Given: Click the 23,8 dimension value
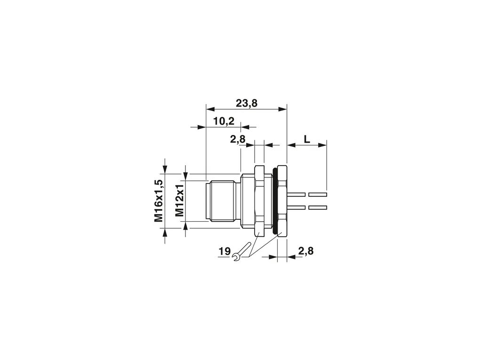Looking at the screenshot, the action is (x=247, y=104).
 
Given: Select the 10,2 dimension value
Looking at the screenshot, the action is (x=224, y=121).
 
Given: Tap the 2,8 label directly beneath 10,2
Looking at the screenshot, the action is (x=238, y=140).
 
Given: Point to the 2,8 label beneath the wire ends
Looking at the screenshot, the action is (x=306, y=251).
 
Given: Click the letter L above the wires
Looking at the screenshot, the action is (x=307, y=140).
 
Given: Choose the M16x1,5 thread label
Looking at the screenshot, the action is (x=159, y=201).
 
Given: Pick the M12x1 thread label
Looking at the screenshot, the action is (x=179, y=200).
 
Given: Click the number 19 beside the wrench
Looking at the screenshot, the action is (x=224, y=252).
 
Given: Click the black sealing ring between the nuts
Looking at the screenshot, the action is (x=275, y=201).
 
